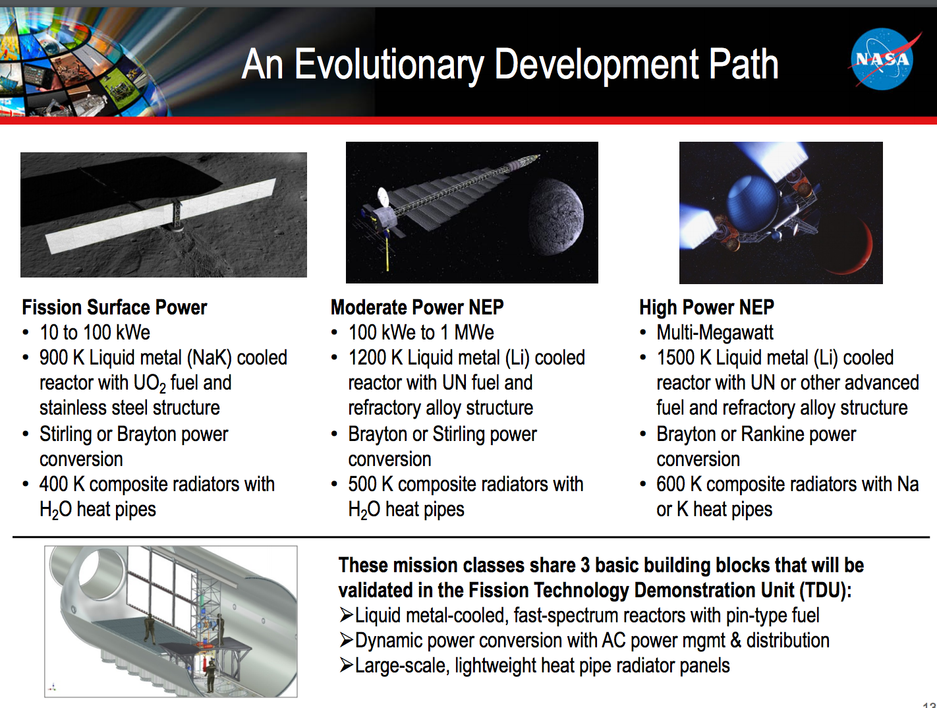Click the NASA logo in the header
click(882, 59)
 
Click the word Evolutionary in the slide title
click(389, 65)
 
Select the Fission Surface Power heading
click(114, 307)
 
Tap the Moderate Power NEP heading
click(417, 307)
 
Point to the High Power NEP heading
click(706, 307)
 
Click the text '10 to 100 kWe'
click(95, 332)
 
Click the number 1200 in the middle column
click(366, 357)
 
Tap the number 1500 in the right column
click(675, 357)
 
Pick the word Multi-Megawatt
click(715, 332)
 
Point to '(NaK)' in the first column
click(209, 357)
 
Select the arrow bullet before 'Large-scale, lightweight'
click(346, 665)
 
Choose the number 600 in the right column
click(671, 484)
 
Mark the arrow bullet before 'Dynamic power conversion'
click(346, 640)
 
